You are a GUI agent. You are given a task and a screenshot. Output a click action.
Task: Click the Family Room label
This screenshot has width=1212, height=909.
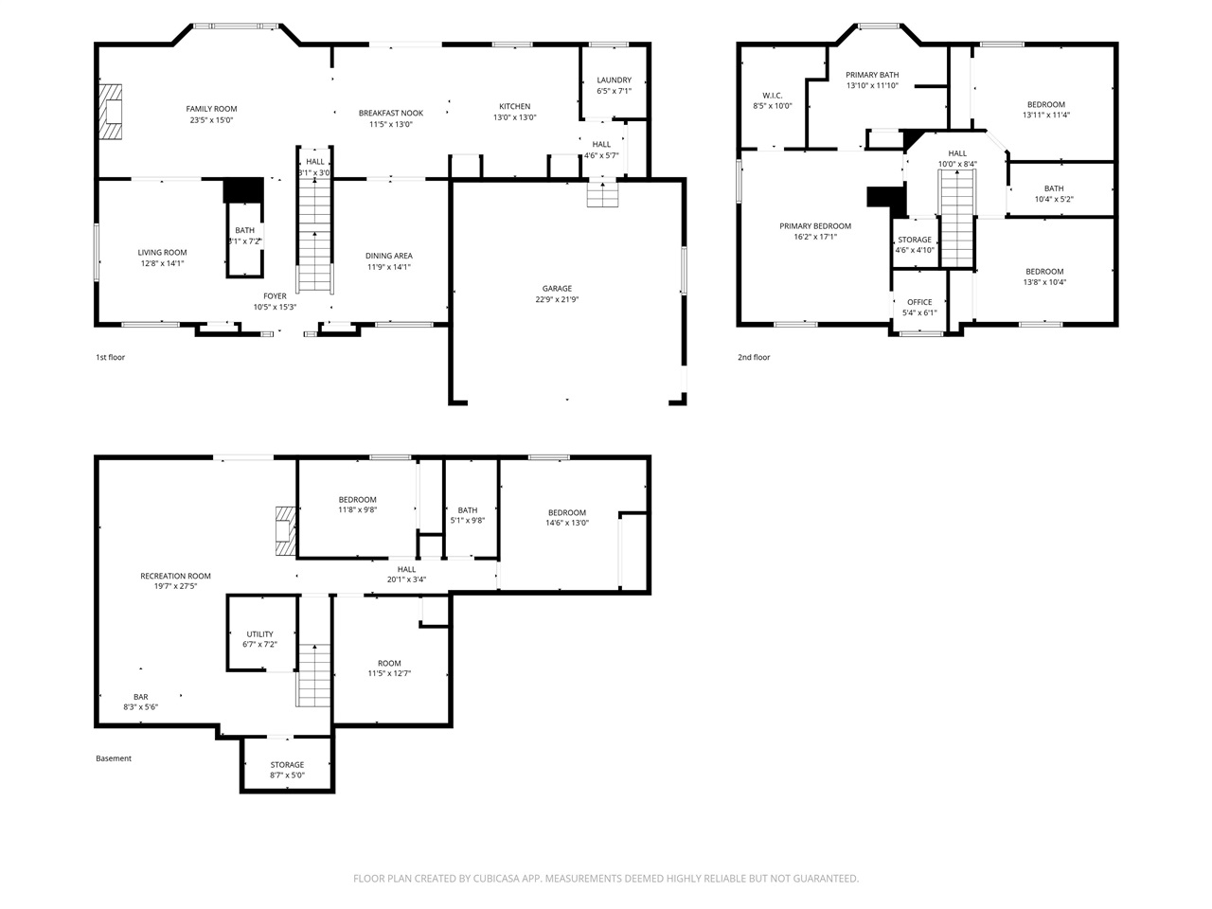[211, 109]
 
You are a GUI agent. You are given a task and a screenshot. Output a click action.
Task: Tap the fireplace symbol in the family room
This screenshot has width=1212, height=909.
[112, 113]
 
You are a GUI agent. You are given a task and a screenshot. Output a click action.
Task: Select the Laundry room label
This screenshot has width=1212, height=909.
[614, 80]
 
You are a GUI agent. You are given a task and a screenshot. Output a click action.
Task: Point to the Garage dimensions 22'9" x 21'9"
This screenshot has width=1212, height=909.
[557, 300]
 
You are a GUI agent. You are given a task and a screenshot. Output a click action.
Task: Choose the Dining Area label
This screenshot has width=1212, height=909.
[389, 256]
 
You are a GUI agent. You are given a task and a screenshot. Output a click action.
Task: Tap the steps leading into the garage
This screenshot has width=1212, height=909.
[602, 195]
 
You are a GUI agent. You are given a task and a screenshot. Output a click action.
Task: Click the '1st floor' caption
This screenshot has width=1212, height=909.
[110, 358]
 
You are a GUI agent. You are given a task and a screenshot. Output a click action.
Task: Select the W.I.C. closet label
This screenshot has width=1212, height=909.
[772, 95]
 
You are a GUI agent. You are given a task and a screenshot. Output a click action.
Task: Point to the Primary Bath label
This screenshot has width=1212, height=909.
[872, 75]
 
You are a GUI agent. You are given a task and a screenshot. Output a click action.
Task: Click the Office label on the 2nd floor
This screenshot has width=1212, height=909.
[919, 302]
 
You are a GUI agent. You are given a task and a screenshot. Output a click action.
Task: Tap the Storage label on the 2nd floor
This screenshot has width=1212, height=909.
[915, 240]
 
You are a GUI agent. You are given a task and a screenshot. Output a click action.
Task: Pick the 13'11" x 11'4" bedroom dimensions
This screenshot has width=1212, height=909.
[1045, 116]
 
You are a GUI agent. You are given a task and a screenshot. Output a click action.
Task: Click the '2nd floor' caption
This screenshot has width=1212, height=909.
[754, 358]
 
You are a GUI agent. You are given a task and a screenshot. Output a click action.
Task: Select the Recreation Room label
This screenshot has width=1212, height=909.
[175, 576]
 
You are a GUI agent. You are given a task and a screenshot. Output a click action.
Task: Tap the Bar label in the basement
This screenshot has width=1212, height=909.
[140, 697]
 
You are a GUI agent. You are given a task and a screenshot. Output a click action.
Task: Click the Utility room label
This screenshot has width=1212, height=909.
[259, 634]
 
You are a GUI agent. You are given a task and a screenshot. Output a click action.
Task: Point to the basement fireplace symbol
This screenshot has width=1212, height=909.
[282, 531]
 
